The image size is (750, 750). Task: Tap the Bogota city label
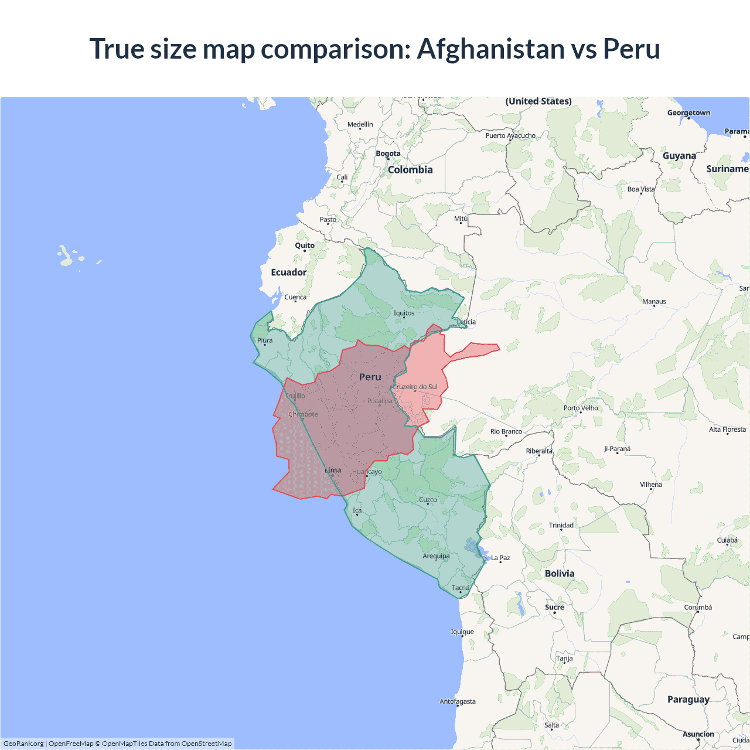388,154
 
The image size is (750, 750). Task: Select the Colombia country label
410,170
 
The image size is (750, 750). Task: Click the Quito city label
305,246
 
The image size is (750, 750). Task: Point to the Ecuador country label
288,272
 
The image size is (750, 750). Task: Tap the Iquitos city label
404,313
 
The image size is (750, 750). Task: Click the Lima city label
333,470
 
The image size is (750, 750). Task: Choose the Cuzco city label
428,500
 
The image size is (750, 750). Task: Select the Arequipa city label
436,556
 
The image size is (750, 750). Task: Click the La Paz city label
500,558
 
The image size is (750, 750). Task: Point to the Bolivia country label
560,574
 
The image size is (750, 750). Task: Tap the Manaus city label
654,302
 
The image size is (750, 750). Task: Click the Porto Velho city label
581,408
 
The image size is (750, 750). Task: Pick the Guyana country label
679,156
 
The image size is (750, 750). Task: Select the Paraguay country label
688,700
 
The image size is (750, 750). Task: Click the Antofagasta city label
458,701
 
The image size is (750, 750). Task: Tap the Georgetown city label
688,113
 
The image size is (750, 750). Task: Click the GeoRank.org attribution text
23,744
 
